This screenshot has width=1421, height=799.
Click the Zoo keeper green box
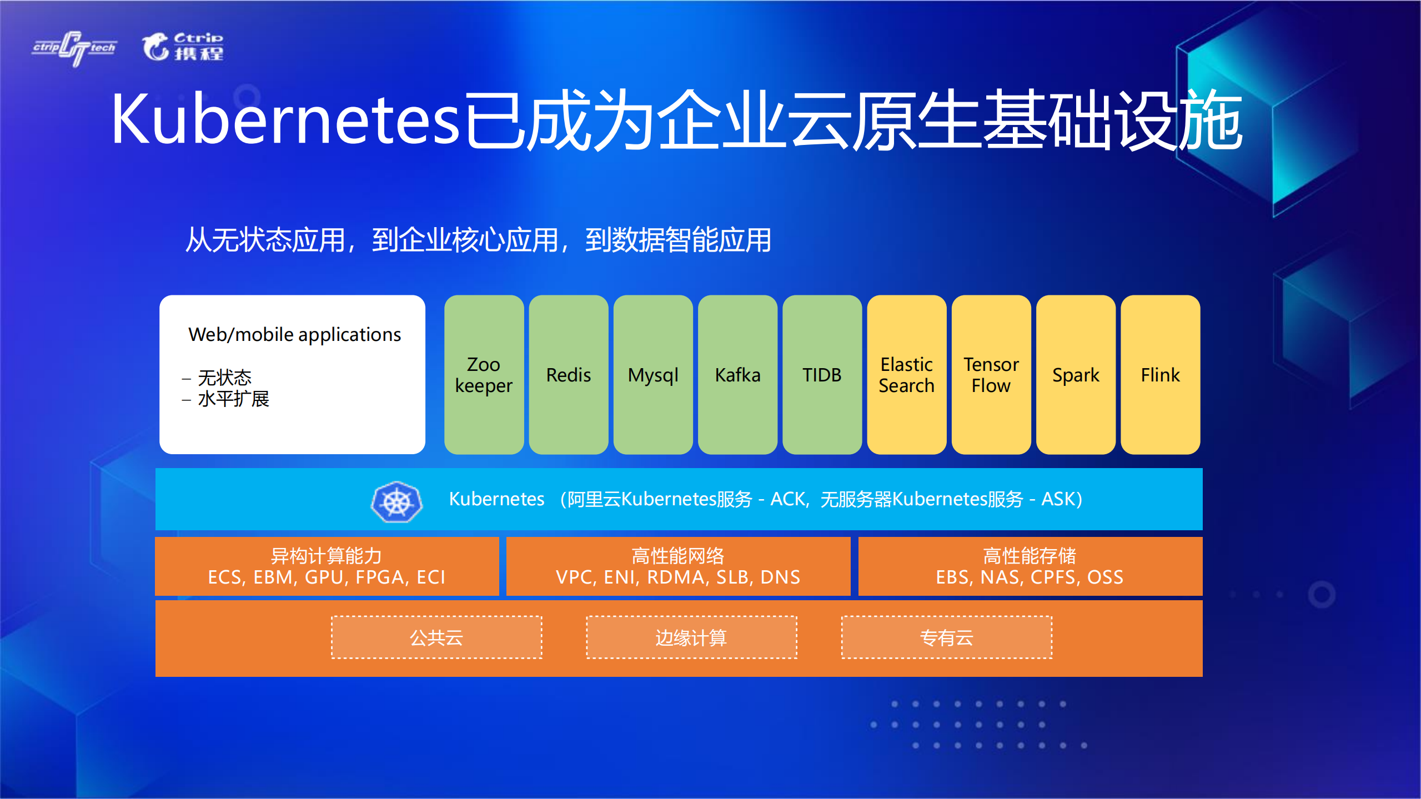pyautogui.click(x=484, y=375)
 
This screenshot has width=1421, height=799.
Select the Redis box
pyautogui.click(x=568, y=375)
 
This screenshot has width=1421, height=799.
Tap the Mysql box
pyautogui.click(x=653, y=375)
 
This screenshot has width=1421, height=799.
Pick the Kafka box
pyautogui.click(x=737, y=375)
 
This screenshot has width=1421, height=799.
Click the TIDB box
pyautogui.click(x=822, y=375)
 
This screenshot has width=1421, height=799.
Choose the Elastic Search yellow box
pyautogui.click(x=906, y=375)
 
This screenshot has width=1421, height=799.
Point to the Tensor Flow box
pyautogui.click(x=991, y=375)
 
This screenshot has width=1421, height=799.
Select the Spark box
pyautogui.click(x=1076, y=375)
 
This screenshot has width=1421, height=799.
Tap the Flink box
pyautogui.click(x=1160, y=375)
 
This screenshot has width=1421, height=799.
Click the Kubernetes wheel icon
pyautogui.click(x=396, y=502)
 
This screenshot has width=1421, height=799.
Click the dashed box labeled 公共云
pyautogui.click(x=436, y=637)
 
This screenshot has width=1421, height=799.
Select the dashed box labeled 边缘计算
pyautogui.click(x=691, y=637)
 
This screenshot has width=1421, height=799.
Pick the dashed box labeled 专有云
pyautogui.click(x=947, y=637)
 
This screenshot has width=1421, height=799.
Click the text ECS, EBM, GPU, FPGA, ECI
pyautogui.click(x=327, y=577)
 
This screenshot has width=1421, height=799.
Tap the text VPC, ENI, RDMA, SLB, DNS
pyautogui.click(x=678, y=577)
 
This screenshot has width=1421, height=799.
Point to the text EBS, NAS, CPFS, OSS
pyautogui.click(x=1030, y=577)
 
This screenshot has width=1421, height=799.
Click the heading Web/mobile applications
pyautogui.click(x=294, y=335)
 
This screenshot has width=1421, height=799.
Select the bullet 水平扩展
pyautogui.click(x=233, y=399)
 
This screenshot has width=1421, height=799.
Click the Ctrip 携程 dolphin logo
pyautogui.click(x=183, y=47)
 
